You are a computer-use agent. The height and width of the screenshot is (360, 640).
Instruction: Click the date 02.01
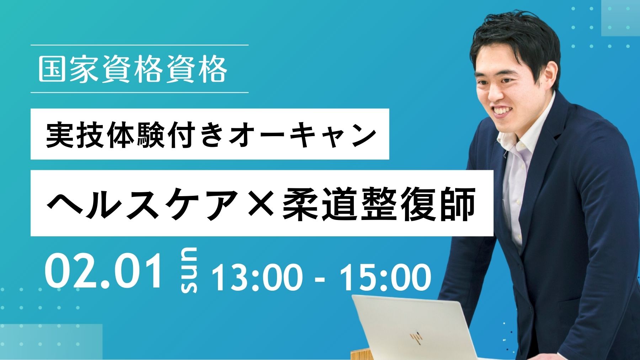point(103,272)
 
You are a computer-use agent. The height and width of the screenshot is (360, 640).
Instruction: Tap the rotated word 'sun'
point(189,270)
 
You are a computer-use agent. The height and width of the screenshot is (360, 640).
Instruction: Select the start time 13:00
point(255,277)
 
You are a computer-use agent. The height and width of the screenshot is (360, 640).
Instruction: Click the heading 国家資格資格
point(132,69)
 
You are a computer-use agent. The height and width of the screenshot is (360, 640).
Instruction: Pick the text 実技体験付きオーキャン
point(211,135)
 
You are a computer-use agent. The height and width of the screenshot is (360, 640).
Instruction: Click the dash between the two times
point(320,279)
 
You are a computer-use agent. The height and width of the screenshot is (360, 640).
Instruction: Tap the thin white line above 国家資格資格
point(139,45)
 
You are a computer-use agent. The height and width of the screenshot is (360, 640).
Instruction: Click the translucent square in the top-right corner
point(620,18)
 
